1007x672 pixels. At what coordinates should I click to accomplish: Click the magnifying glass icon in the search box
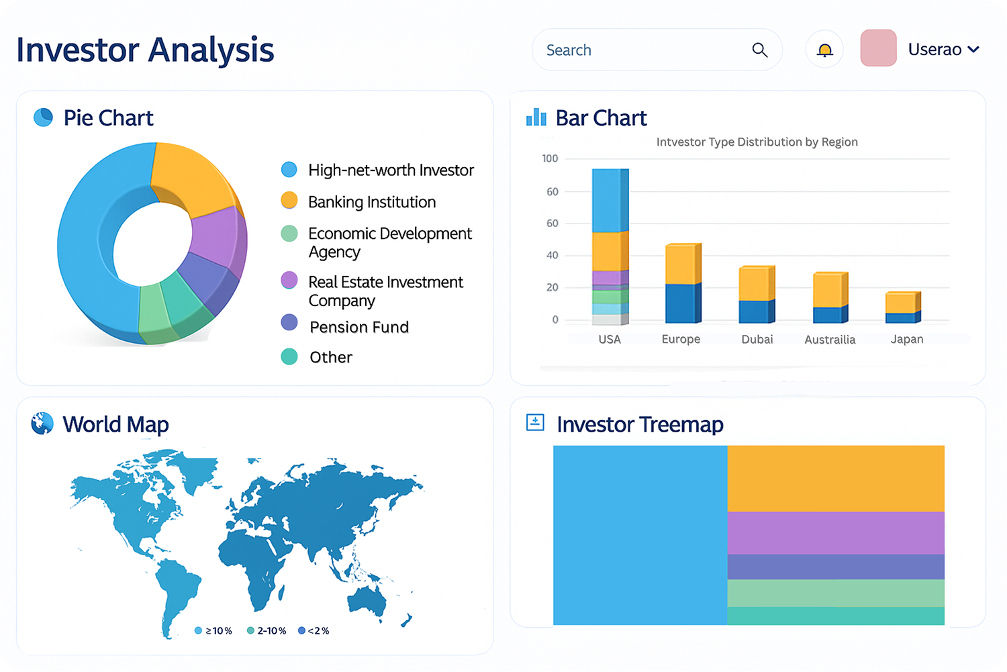(x=759, y=50)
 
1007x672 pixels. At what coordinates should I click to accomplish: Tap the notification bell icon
(x=824, y=50)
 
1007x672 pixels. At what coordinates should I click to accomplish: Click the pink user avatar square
(x=878, y=48)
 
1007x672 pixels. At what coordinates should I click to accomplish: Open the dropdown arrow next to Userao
(x=974, y=50)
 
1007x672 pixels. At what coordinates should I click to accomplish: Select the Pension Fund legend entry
(x=358, y=327)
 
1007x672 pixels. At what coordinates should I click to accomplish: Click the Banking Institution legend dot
(x=289, y=201)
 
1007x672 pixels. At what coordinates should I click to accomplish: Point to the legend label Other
(x=330, y=357)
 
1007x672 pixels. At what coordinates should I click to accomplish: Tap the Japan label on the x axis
(x=906, y=339)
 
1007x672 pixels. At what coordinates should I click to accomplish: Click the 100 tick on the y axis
(x=550, y=158)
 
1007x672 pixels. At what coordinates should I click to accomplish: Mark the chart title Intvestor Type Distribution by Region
(x=757, y=142)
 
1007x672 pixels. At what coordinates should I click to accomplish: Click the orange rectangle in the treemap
(x=835, y=478)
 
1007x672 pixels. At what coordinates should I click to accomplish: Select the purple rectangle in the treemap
(x=835, y=532)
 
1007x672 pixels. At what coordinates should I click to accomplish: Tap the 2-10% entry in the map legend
(x=267, y=630)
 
